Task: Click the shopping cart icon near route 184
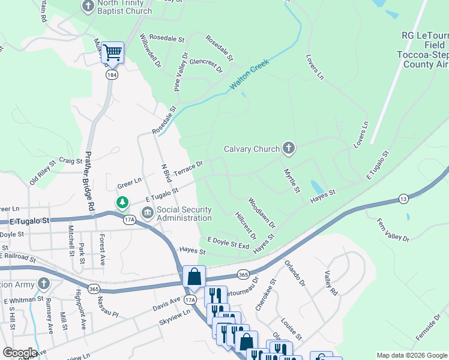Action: tap(112, 53)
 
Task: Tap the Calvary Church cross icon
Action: tap(289, 148)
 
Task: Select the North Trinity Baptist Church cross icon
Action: tap(88, 7)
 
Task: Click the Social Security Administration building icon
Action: tap(147, 213)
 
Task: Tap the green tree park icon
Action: tap(122, 202)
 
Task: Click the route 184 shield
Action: tap(112, 75)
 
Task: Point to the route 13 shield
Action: tap(402, 199)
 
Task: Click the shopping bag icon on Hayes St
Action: tap(194, 277)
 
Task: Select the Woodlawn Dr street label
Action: tap(261, 213)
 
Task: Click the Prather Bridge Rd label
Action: tap(91, 179)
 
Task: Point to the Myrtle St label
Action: tap(292, 181)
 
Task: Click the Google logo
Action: tap(19, 352)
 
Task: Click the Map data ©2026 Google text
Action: tap(411, 355)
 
